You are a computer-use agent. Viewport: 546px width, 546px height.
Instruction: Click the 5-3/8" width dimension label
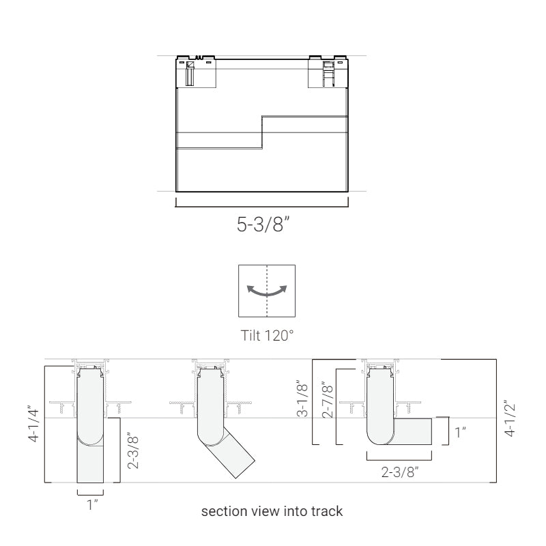[x=263, y=224]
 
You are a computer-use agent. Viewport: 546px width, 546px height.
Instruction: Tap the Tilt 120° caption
[x=267, y=335]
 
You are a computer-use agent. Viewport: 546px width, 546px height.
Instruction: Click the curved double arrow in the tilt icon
[x=267, y=291]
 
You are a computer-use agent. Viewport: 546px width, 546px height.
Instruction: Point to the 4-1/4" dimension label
[x=34, y=424]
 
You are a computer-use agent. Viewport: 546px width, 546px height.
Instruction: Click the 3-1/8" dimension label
[x=302, y=401]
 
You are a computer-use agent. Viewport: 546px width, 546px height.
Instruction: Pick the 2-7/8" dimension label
[x=328, y=401]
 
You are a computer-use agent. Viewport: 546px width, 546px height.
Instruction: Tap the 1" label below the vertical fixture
[x=92, y=504]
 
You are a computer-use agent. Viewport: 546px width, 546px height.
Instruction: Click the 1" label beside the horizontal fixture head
[x=460, y=432]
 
